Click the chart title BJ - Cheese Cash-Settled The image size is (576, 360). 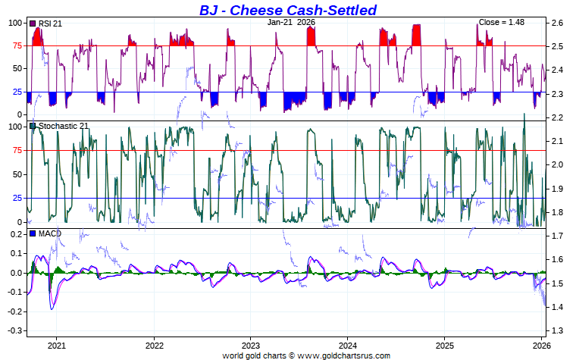click(x=287, y=10)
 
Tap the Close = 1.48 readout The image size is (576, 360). click(x=502, y=23)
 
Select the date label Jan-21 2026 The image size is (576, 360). click(x=291, y=23)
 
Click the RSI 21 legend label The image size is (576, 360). click(x=49, y=24)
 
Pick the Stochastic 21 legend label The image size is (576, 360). click(x=63, y=127)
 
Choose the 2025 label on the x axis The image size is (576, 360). click(x=445, y=345)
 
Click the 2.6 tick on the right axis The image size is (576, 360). click(x=557, y=23)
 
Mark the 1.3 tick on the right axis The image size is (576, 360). click(x=557, y=331)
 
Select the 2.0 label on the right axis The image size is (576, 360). click(x=557, y=165)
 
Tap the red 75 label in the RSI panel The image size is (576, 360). click(x=15, y=45)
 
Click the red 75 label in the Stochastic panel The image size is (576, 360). click(x=15, y=150)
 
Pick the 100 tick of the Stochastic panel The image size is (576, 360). click(x=13, y=127)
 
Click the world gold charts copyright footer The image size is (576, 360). click(x=306, y=355)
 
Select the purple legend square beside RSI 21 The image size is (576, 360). click(x=33, y=24)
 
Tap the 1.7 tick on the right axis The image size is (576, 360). click(x=557, y=236)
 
